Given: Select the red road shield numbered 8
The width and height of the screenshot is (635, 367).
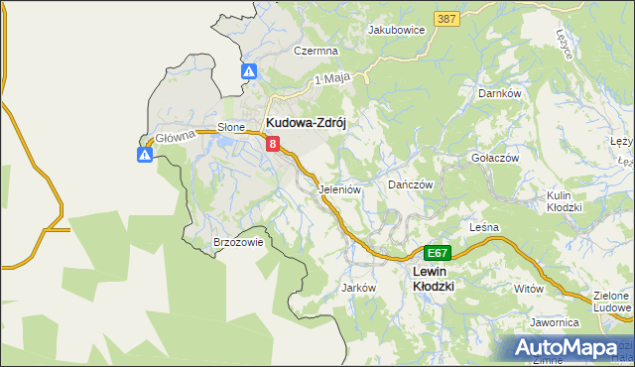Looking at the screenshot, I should coord(272,145).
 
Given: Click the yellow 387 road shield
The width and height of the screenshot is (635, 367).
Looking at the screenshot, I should coord(445,20).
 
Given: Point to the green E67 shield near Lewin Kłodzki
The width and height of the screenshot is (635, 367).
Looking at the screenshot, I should coord(438,253).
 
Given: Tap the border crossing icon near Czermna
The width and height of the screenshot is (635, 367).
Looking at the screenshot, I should coord(249,71).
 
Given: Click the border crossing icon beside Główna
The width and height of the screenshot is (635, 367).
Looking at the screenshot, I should coord(145,154).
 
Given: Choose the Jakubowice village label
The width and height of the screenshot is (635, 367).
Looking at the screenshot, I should coord(396,30).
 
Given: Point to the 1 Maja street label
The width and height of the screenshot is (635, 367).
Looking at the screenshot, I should coord(334,78).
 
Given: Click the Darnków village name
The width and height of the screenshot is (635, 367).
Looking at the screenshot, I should coord(500,93).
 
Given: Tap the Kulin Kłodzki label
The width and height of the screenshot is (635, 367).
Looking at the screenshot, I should coord(571,202).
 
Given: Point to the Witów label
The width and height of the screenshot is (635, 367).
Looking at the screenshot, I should coord(530,288).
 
